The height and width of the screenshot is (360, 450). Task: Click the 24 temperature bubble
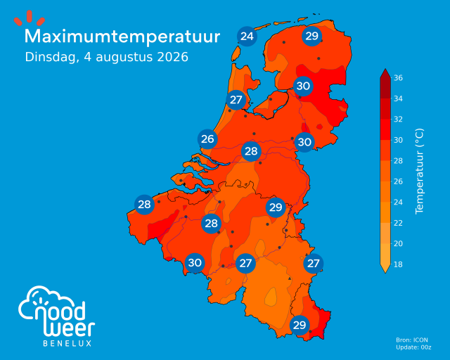[x=247, y=37]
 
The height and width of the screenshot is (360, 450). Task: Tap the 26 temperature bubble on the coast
[x=207, y=139]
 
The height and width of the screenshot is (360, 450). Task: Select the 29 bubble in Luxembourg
[x=300, y=326]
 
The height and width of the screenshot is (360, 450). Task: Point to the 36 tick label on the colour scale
[x=398, y=78]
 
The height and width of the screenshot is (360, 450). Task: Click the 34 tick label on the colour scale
[x=398, y=98]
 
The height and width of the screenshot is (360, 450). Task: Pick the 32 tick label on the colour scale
[x=398, y=119]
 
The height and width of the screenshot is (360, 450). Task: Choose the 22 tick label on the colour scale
[x=398, y=223]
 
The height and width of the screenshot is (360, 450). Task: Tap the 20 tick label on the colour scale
[x=398, y=243]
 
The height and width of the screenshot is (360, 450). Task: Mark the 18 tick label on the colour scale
[x=398, y=264]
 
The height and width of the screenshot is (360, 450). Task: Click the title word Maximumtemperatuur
[x=122, y=37]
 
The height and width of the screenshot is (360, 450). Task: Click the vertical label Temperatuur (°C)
[x=419, y=171]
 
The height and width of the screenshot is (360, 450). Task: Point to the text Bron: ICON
[x=412, y=340]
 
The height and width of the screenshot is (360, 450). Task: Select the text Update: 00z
[x=413, y=347]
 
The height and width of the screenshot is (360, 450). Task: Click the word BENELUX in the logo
[x=67, y=343]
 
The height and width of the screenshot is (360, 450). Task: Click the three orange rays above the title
[x=30, y=18]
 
